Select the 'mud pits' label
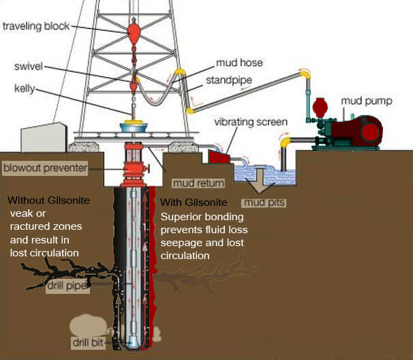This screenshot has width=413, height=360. pyautogui.click(x=264, y=202)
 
